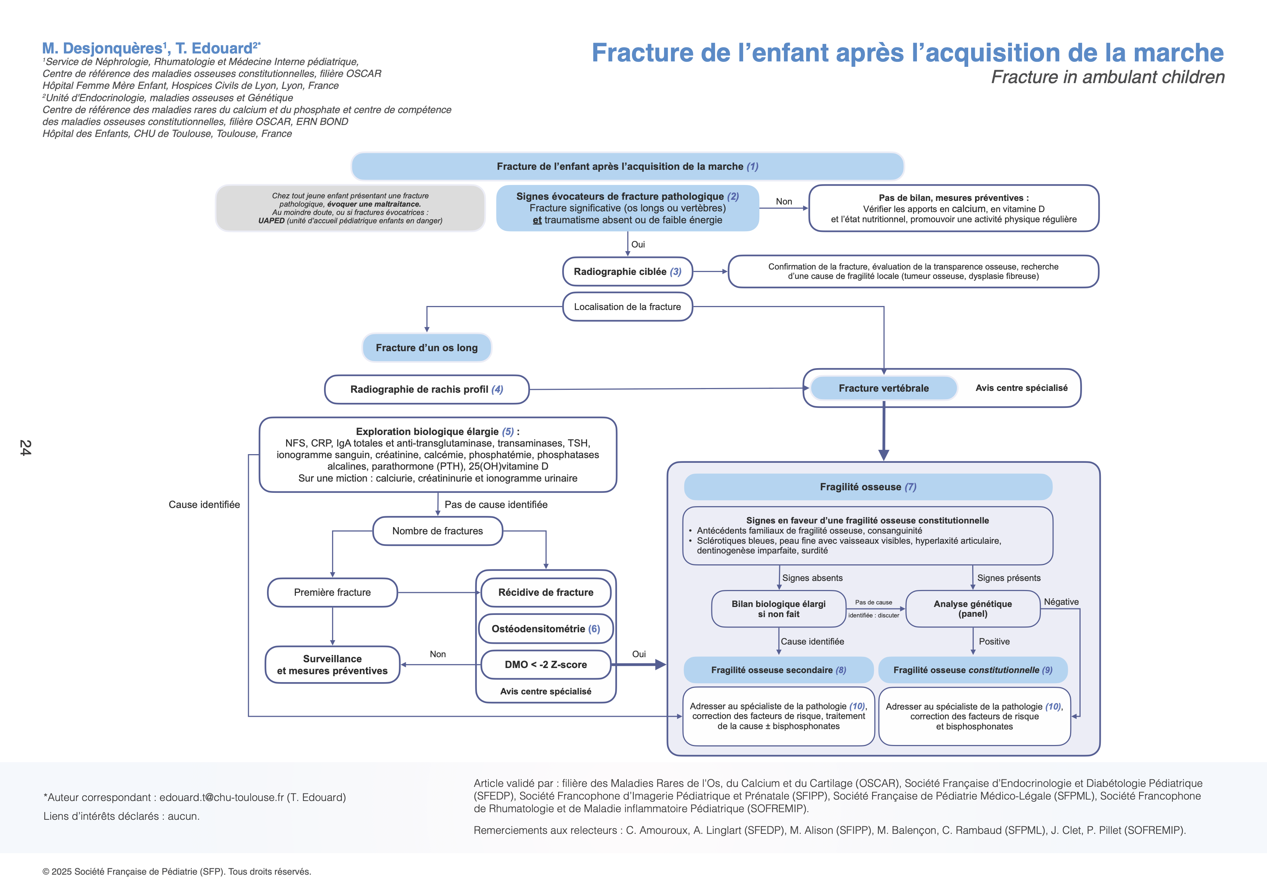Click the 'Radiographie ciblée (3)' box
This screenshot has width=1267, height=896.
(628, 271)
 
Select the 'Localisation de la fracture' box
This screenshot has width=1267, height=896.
(628, 307)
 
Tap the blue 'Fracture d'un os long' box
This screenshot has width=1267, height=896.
(427, 348)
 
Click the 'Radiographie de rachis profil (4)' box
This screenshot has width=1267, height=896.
(427, 389)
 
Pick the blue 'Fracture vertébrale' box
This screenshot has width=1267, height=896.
(883, 388)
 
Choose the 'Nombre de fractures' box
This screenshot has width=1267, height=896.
(438, 531)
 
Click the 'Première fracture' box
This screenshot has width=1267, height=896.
(332, 593)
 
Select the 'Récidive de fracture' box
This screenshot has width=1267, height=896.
(546, 593)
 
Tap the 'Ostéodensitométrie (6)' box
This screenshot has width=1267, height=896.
(546, 629)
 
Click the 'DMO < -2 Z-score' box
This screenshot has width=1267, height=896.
(546, 665)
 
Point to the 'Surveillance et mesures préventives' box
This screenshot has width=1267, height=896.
(332, 665)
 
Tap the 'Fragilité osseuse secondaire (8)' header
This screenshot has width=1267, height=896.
(778, 670)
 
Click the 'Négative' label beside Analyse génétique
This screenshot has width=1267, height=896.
(1061, 602)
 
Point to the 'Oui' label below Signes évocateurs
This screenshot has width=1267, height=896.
(638, 245)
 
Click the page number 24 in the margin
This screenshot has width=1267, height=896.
(25, 447)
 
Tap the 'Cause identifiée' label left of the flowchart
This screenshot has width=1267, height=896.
(204, 505)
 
